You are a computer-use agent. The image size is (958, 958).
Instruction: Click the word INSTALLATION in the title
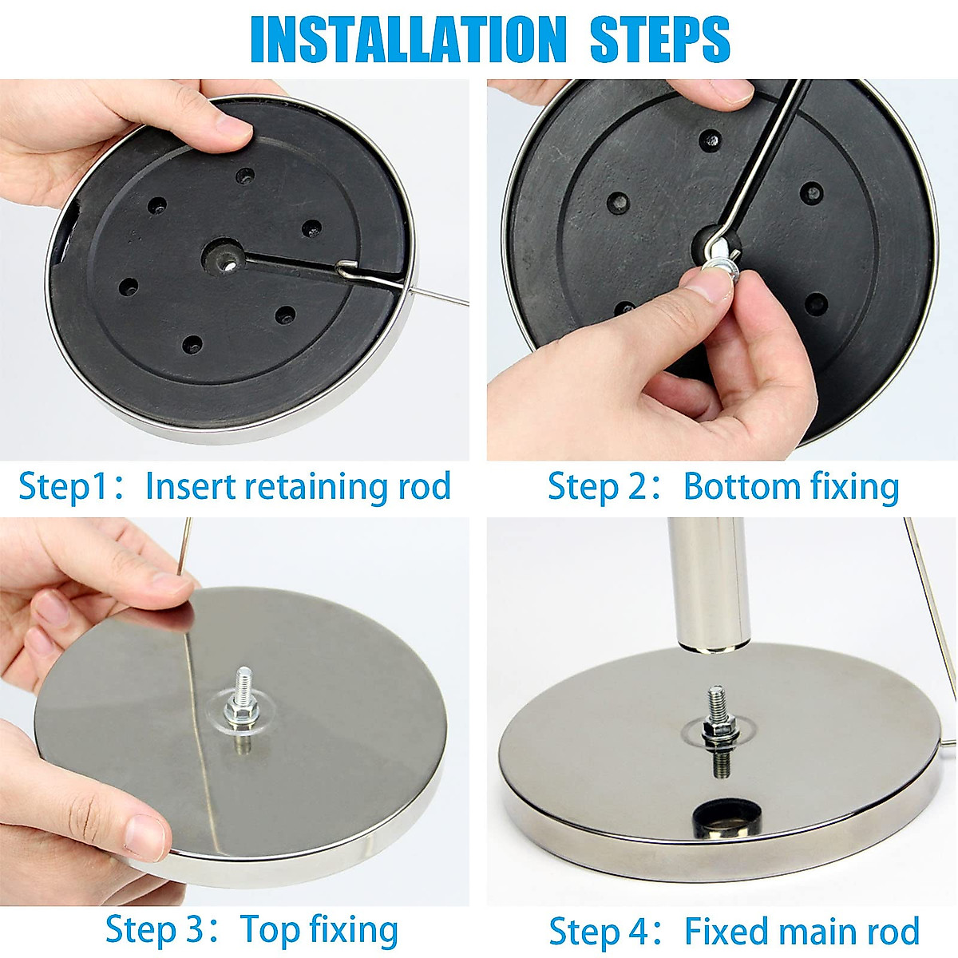click(408, 39)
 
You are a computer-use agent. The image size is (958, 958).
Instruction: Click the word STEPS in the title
click(659, 39)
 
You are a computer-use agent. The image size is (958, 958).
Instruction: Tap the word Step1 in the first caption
click(63, 487)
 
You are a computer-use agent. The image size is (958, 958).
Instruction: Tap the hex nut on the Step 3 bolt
click(239, 708)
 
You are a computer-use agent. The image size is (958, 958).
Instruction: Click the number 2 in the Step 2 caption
click(636, 487)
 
